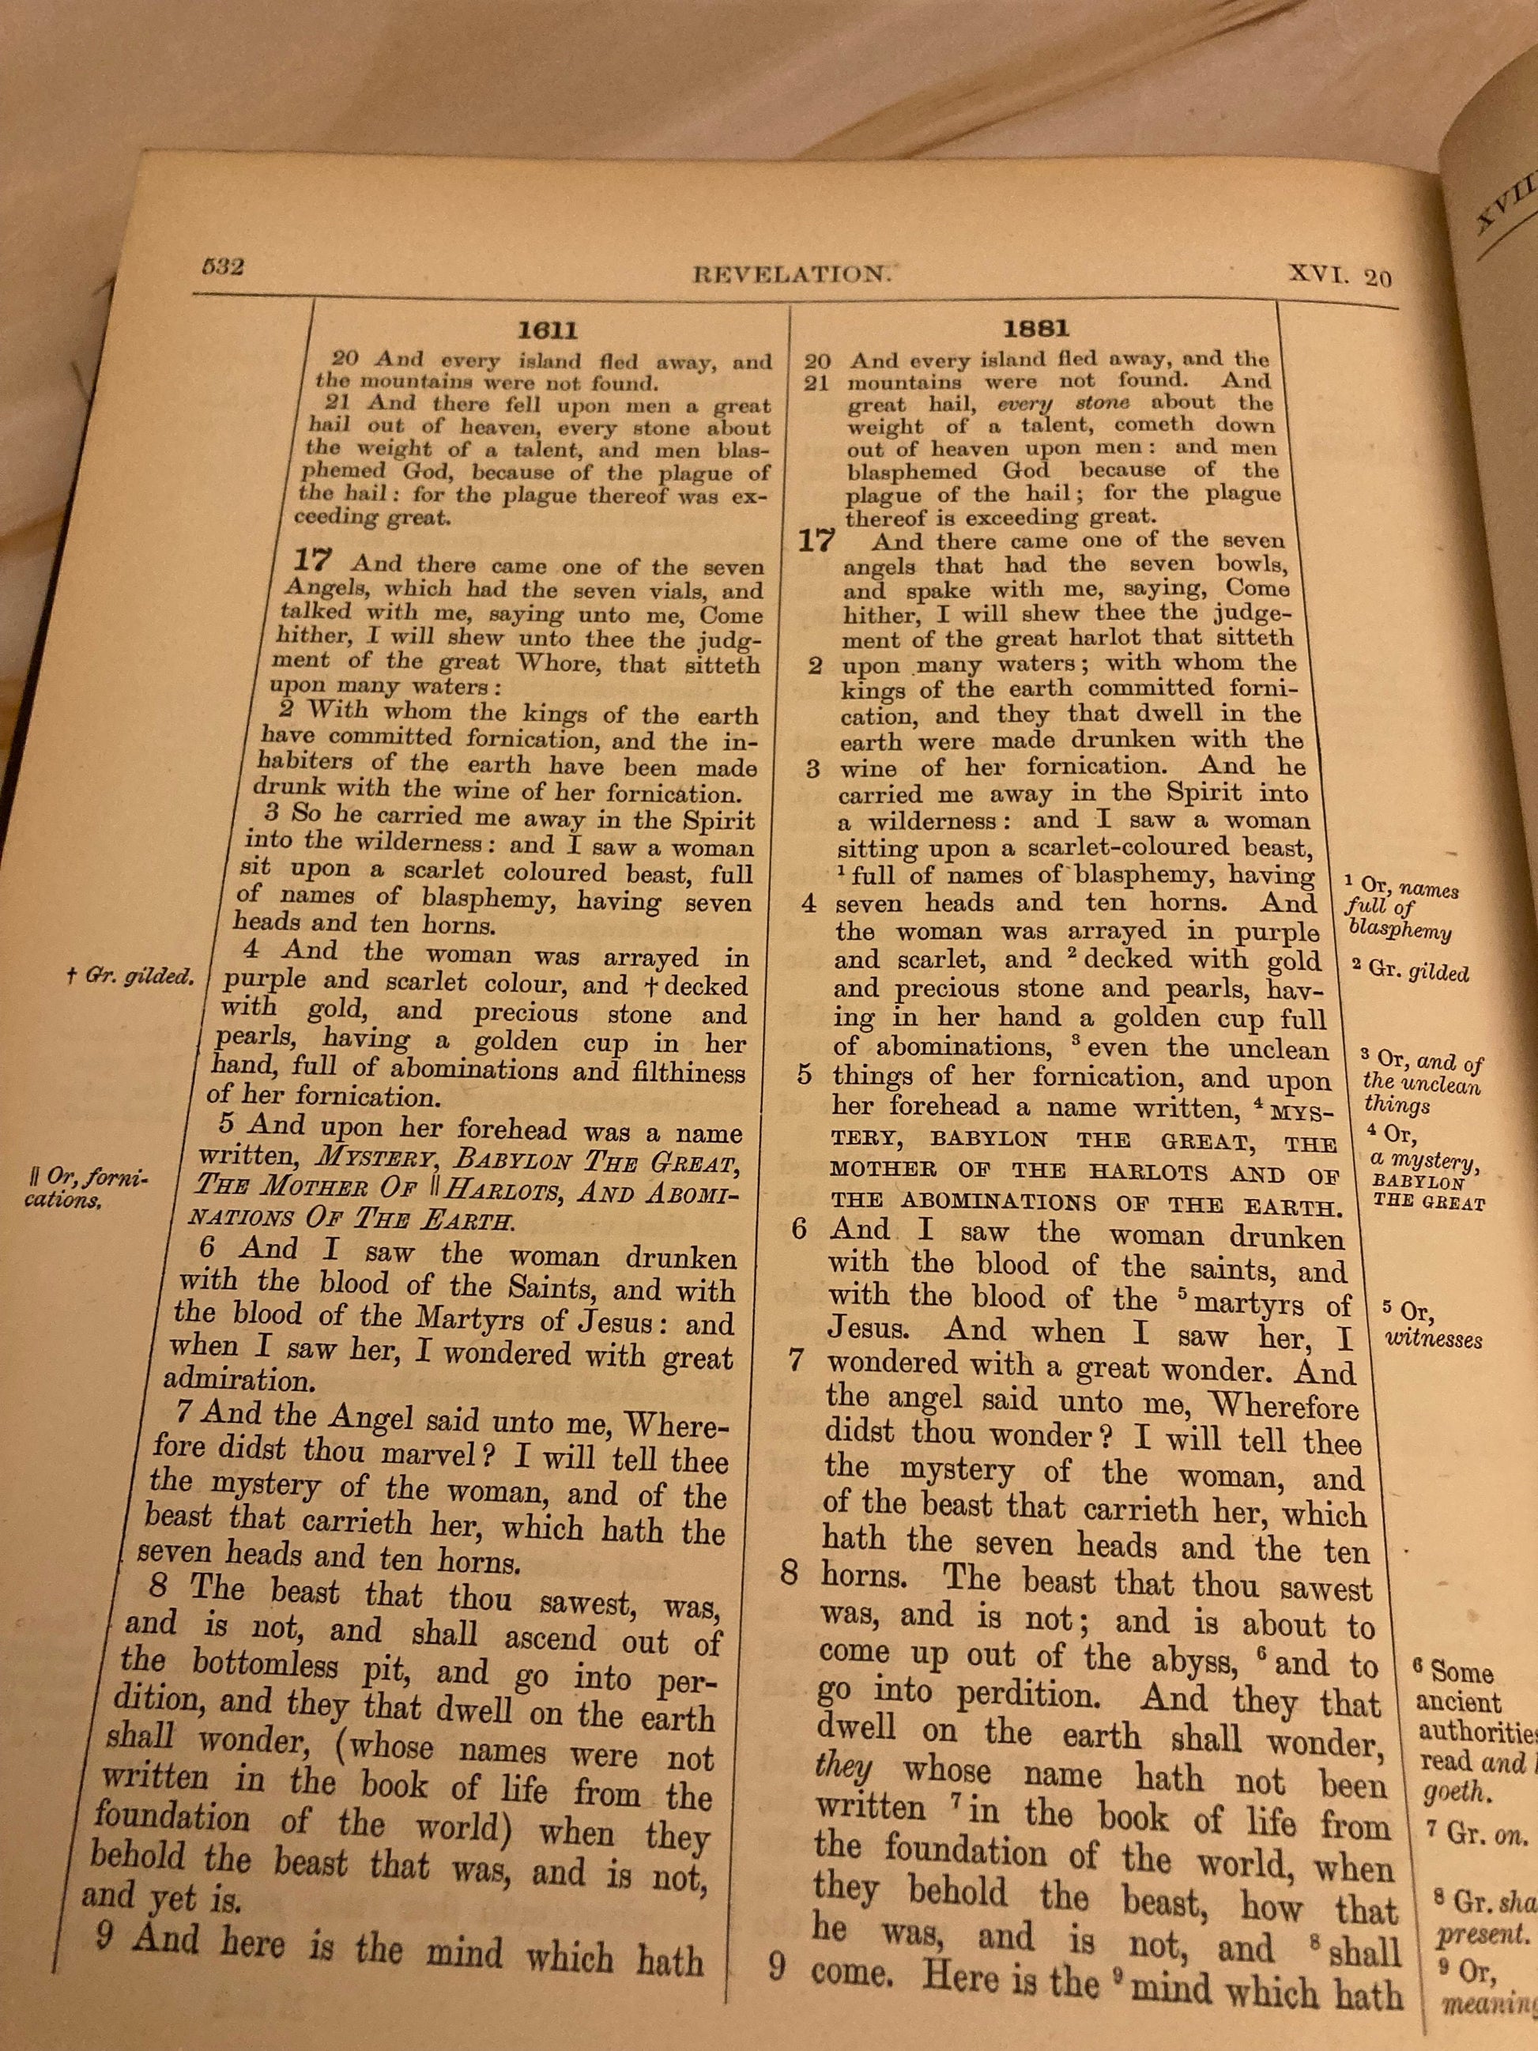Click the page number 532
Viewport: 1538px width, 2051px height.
pyautogui.click(x=223, y=268)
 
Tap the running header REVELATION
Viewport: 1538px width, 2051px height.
pyautogui.click(x=793, y=273)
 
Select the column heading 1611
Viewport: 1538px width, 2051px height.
pyautogui.click(x=547, y=330)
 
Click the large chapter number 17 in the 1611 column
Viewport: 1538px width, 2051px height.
pyautogui.click(x=312, y=560)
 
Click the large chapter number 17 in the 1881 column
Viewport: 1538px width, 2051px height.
pyautogui.click(x=816, y=540)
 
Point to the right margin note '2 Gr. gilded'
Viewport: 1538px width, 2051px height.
pyautogui.click(x=1410, y=971)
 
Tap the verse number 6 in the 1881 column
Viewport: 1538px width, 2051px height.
pyautogui.click(x=799, y=1230)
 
